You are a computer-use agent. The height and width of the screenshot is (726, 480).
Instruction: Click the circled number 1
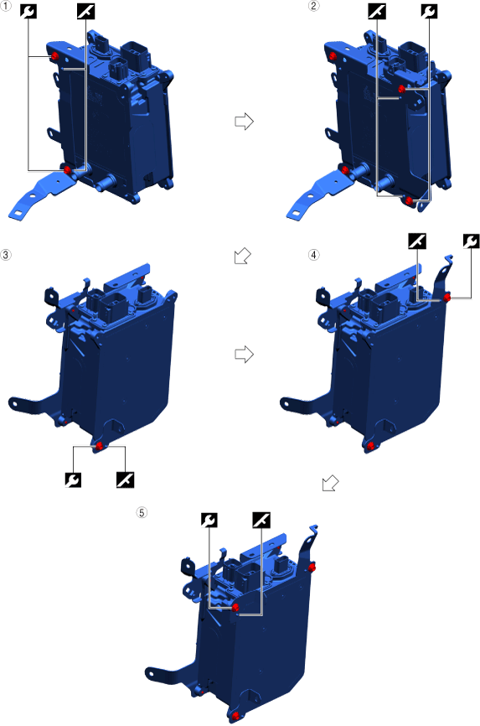(6, 7)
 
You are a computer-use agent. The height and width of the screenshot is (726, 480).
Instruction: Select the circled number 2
(314, 7)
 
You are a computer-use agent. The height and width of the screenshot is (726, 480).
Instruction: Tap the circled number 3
(6, 255)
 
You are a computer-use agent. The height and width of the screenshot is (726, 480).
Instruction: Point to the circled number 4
(314, 255)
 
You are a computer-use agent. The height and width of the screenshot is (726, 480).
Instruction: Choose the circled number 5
(142, 512)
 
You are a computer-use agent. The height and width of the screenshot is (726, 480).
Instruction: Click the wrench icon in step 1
(28, 11)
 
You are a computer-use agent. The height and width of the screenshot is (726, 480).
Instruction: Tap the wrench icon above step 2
(429, 11)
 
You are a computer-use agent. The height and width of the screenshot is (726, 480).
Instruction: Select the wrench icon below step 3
(73, 480)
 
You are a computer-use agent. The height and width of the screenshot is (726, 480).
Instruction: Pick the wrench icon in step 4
(471, 241)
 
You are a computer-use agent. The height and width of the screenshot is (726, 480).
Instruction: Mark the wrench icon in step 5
(209, 520)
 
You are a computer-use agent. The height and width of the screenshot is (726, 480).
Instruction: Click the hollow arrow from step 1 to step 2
(244, 122)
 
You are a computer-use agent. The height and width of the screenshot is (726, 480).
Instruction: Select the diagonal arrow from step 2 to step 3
(243, 256)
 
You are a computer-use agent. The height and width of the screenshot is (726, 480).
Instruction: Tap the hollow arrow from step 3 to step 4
(244, 355)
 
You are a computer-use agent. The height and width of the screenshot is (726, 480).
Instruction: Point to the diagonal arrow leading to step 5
(331, 483)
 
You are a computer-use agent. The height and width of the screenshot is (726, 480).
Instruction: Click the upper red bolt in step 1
(54, 56)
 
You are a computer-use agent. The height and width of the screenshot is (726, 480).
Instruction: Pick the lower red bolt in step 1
(68, 169)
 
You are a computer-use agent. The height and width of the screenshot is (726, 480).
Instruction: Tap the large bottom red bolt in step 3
(99, 446)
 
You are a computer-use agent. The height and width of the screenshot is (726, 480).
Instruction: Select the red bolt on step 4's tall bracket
(447, 298)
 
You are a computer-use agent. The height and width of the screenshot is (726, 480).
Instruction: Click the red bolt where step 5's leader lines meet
(235, 607)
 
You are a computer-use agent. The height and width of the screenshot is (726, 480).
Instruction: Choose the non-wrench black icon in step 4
(417, 241)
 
